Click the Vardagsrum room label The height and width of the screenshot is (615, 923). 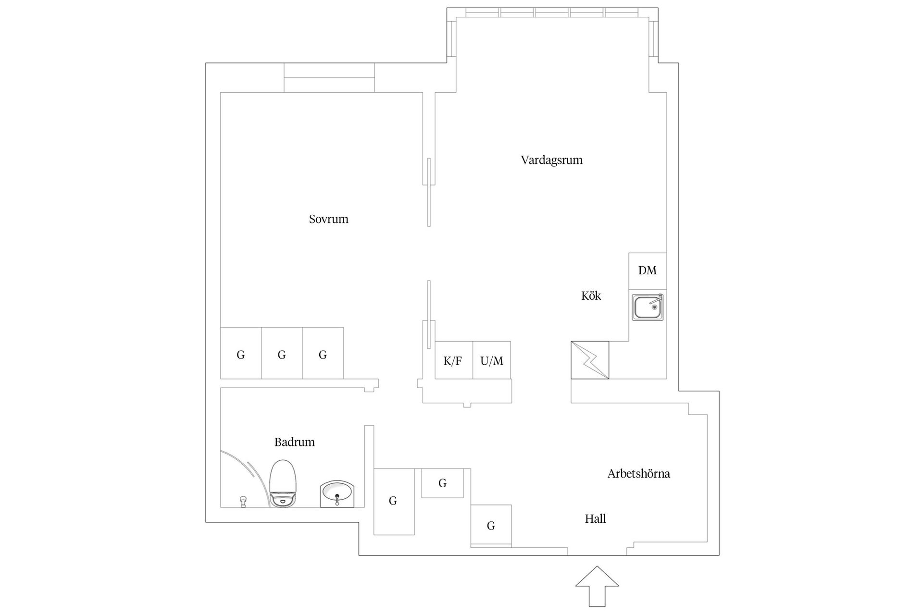tap(551, 160)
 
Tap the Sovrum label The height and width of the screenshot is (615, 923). tap(328, 219)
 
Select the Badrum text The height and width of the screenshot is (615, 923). tap(294, 442)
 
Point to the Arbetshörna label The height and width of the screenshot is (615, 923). tap(638, 474)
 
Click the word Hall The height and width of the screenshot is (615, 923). tap(595, 519)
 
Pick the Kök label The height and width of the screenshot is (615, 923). tap(591, 296)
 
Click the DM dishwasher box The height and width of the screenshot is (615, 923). tap(647, 271)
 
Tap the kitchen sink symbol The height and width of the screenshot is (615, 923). tap(648, 307)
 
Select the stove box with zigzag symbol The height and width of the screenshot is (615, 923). tap(590, 360)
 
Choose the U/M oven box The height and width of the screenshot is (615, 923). tap(492, 360)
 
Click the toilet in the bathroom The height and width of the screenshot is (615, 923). tap(282, 483)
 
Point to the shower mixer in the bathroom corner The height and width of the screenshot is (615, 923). tap(243, 501)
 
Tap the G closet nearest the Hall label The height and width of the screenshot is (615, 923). tap(491, 525)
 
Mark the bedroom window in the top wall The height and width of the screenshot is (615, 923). tap(329, 77)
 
